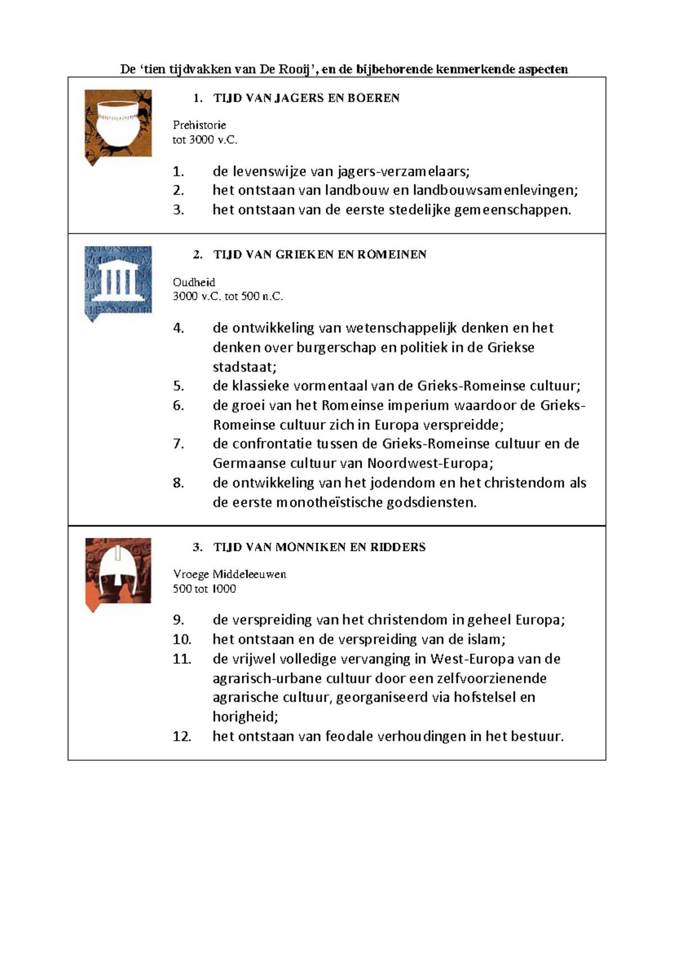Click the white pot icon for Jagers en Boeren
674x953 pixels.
click(118, 125)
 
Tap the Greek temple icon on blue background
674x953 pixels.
click(118, 282)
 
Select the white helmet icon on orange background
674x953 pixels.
click(118, 572)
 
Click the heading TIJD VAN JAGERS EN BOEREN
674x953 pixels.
click(306, 98)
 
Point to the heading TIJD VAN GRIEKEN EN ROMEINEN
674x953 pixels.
click(320, 255)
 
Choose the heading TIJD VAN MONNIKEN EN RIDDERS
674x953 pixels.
click(319, 547)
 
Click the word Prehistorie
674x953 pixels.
click(199, 125)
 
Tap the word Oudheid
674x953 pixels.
click(194, 282)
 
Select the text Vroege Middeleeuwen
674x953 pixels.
click(229, 574)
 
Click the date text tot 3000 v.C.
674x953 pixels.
click(205, 140)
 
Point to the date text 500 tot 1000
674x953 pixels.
click(204, 589)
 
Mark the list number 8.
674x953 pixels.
click(178, 483)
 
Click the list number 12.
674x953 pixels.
click(181, 737)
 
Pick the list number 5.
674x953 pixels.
click(178, 386)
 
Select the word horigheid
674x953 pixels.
click(245, 717)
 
